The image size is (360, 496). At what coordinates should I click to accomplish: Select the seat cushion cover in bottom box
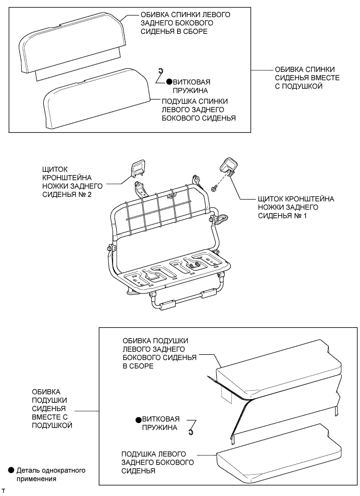point(276,367)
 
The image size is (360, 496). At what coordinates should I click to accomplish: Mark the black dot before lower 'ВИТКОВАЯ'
point(138,419)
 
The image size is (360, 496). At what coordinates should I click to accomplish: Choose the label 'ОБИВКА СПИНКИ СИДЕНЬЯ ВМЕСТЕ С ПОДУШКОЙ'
point(305,78)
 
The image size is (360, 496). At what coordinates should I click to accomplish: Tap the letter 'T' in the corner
point(4,491)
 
